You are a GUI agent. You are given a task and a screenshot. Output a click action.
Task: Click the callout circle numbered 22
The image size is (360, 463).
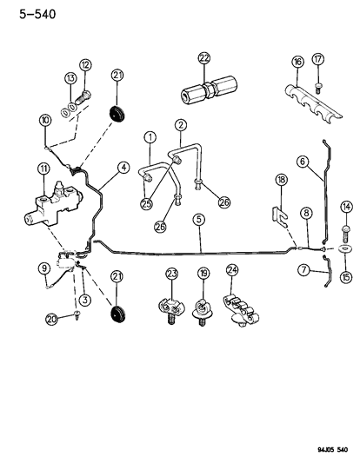click(x=204, y=58)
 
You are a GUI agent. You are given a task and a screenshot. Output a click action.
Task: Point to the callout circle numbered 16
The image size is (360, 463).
click(x=298, y=61)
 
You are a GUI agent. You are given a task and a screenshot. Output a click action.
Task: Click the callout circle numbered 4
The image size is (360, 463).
click(x=123, y=167)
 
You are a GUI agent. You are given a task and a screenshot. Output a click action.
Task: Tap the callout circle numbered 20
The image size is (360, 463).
click(x=53, y=343)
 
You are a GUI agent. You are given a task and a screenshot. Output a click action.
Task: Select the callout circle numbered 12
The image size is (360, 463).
click(x=85, y=65)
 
